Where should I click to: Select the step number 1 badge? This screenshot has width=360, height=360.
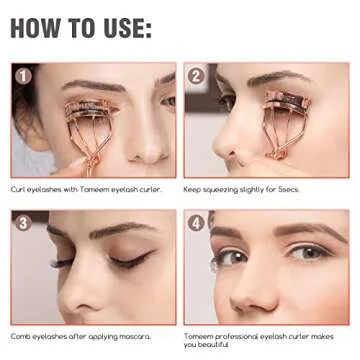[x=22, y=74]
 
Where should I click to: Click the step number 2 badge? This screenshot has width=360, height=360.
[x=196, y=74]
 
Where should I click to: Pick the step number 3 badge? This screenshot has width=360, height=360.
[x=22, y=222]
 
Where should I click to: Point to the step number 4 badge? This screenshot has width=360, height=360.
[x=196, y=222]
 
